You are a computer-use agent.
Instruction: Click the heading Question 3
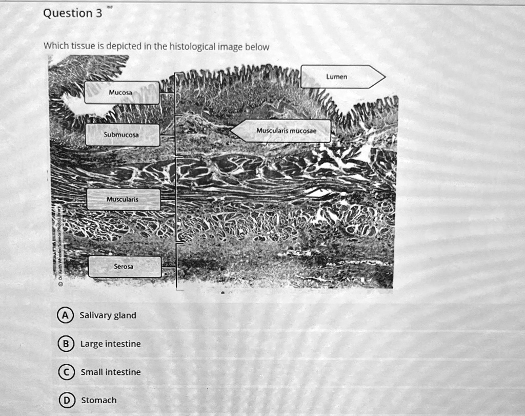(x=72, y=13)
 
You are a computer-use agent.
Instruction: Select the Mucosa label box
(x=122, y=92)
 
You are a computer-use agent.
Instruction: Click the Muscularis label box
(x=123, y=199)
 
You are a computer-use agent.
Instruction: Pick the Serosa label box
(x=125, y=267)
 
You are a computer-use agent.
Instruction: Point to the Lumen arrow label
(x=341, y=77)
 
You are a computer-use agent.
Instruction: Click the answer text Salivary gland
(x=108, y=315)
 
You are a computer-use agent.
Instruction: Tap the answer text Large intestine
(x=110, y=344)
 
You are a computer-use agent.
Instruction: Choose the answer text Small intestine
(x=110, y=372)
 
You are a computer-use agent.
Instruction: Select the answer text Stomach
(x=99, y=400)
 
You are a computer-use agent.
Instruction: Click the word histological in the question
(x=193, y=47)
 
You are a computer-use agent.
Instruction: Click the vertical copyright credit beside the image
(x=60, y=247)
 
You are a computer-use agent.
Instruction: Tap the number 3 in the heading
(x=98, y=13)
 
